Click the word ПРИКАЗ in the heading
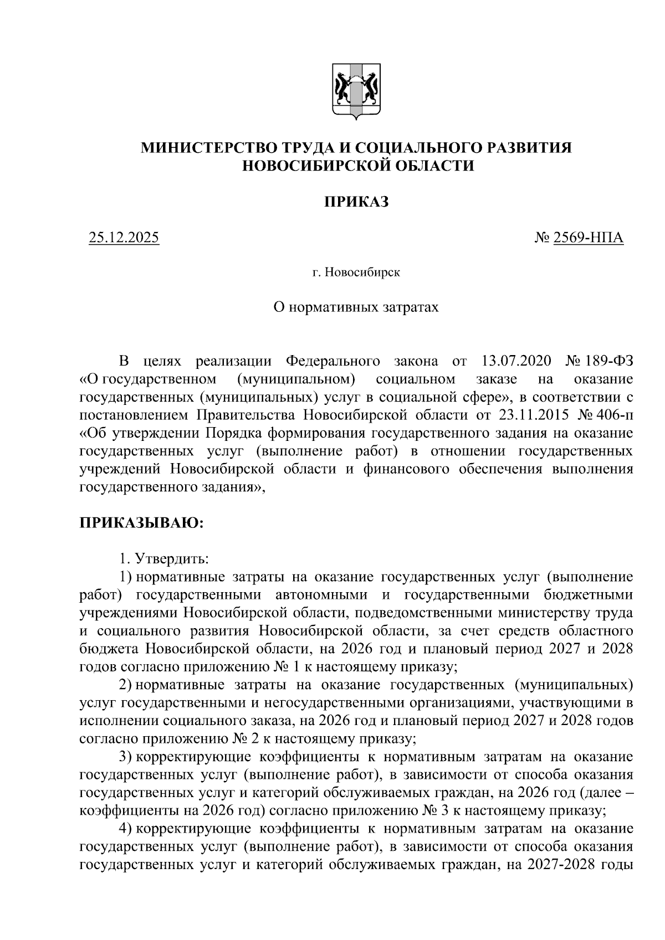click(356, 202)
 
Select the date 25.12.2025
click(124, 238)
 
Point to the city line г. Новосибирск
click(356, 273)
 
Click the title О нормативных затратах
click(356, 306)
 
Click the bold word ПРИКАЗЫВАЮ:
click(142, 523)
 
